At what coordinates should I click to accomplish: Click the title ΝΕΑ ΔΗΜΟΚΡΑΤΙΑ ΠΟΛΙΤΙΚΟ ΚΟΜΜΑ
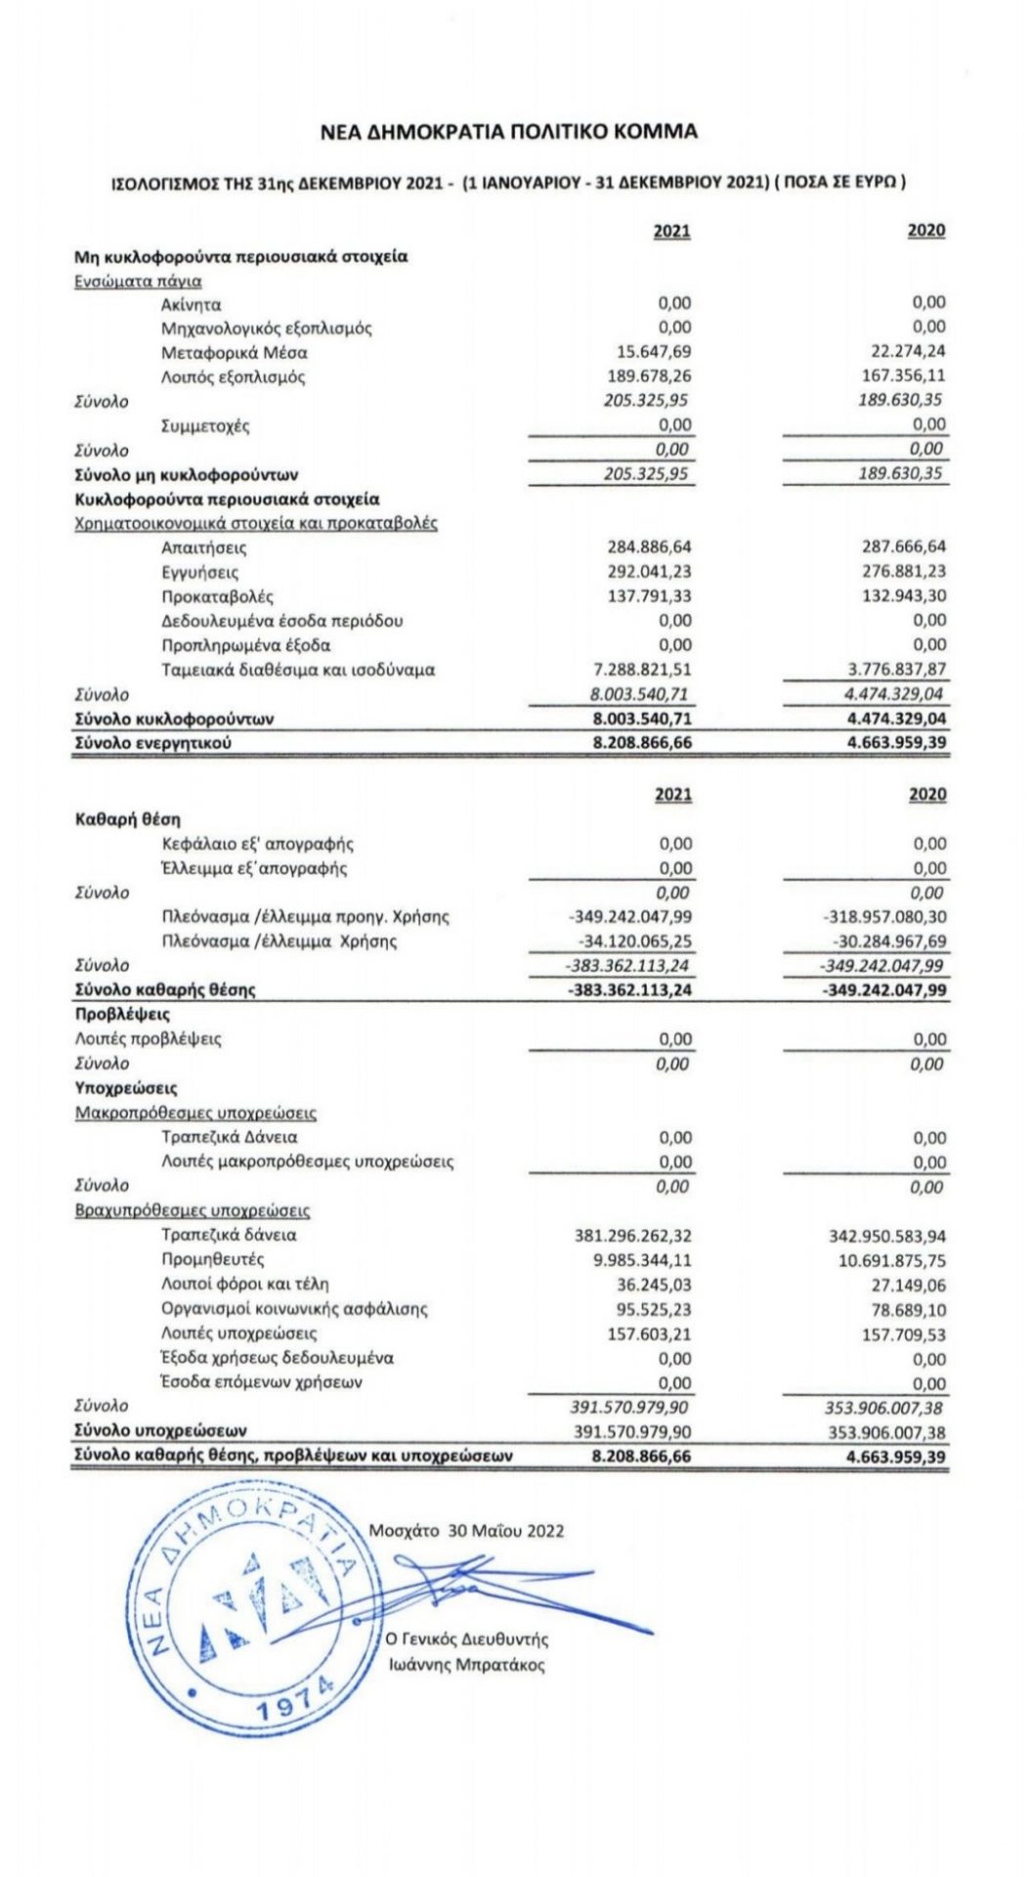click(509, 131)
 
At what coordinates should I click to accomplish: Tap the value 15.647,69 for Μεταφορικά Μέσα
click(649, 352)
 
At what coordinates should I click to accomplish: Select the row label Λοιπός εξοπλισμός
click(234, 376)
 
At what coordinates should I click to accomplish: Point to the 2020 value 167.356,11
click(903, 375)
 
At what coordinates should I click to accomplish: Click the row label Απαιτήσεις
click(204, 547)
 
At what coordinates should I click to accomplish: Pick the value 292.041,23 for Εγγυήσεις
click(649, 572)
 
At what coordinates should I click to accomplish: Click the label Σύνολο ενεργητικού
click(154, 743)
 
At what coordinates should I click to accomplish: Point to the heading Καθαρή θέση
click(128, 819)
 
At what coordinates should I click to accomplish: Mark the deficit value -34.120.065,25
click(630, 941)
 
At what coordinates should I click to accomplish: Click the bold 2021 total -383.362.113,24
click(630, 989)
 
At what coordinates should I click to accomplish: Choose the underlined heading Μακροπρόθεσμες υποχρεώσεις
click(195, 1113)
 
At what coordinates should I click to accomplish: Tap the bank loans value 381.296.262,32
click(633, 1236)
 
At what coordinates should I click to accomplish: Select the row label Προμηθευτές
click(213, 1259)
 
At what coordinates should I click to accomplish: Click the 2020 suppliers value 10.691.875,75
click(892, 1261)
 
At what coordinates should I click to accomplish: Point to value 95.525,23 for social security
click(649, 1309)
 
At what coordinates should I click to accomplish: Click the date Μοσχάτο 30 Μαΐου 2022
click(466, 1531)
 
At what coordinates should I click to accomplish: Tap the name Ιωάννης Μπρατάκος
click(466, 1665)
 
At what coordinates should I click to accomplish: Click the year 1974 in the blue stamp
click(297, 1702)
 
